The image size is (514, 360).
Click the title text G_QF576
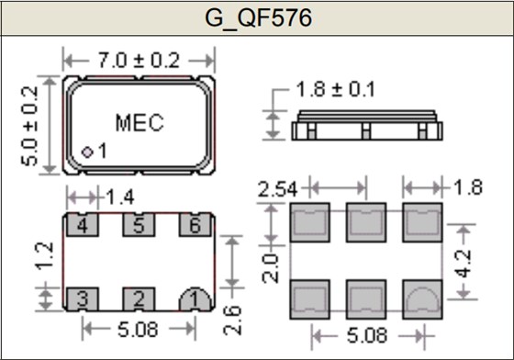tap(256, 17)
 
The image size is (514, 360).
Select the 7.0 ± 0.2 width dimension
tap(139, 61)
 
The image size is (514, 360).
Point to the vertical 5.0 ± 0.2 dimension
tap(31, 125)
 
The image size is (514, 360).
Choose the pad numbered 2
tap(138, 297)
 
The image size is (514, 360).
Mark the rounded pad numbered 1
tap(194, 298)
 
